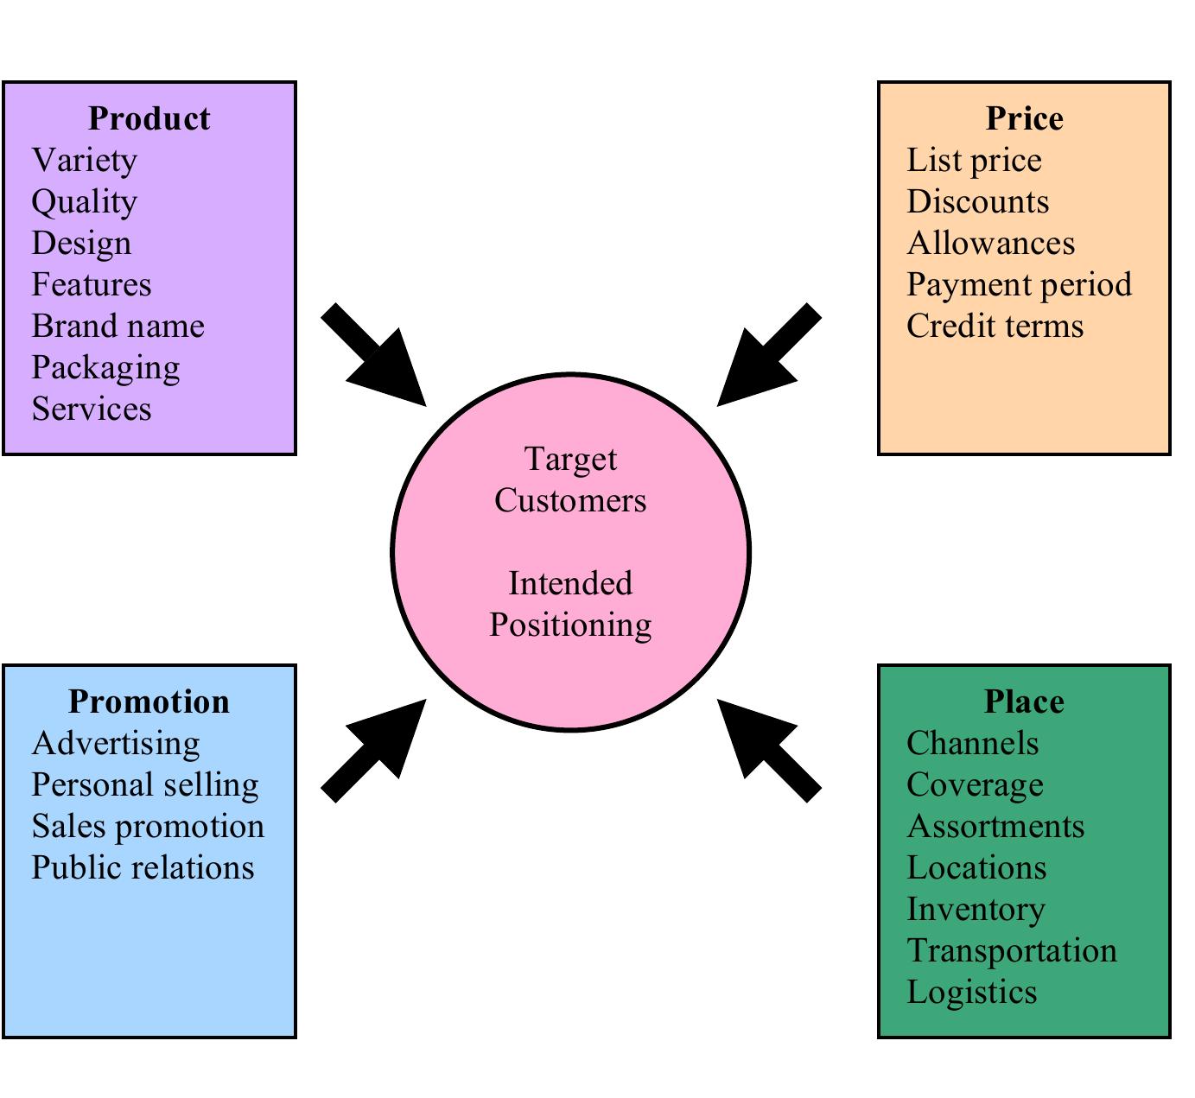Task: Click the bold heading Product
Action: [x=149, y=118]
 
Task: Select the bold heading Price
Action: [x=1024, y=118]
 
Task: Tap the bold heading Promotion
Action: [x=149, y=701]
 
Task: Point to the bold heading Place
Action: [x=1024, y=701]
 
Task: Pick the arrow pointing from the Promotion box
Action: [x=376, y=750]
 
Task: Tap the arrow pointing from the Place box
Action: [x=767, y=750]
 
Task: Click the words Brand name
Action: [x=118, y=326]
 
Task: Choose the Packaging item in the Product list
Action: [x=105, y=368]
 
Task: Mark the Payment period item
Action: [x=1019, y=284]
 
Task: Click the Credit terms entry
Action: [x=995, y=326]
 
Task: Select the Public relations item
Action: [x=143, y=867]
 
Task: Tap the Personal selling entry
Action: [x=145, y=784]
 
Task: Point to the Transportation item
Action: [x=1012, y=950]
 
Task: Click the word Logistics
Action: [x=971, y=992]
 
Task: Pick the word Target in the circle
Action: [x=570, y=459]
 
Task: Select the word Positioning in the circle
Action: [x=570, y=625]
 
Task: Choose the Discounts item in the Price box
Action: [x=977, y=201]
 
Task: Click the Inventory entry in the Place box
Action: [x=976, y=909]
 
